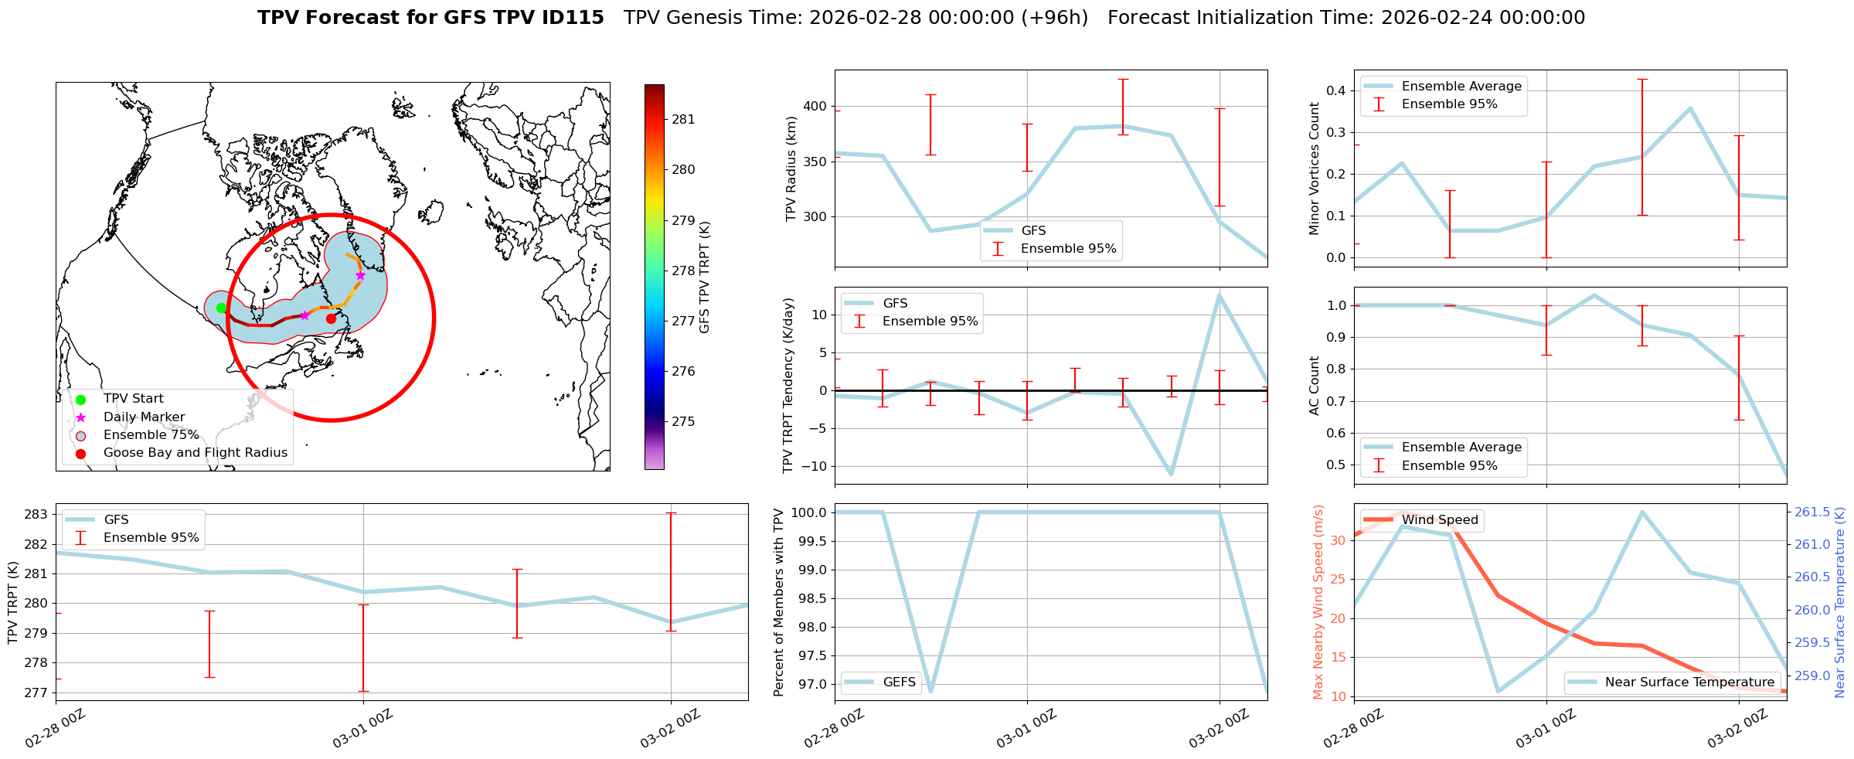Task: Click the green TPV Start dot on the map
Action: tap(221, 308)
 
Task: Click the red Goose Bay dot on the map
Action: tap(331, 318)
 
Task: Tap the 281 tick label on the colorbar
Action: tap(683, 119)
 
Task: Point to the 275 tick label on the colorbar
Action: tap(683, 421)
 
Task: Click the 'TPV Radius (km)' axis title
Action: tap(791, 168)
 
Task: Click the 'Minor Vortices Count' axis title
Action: tap(1315, 168)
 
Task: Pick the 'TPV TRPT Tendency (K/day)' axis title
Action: tap(788, 385)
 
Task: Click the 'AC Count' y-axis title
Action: tap(1315, 385)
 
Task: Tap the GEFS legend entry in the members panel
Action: tap(899, 682)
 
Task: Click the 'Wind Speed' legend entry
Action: tap(1440, 519)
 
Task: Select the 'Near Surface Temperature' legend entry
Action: tap(1689, 682)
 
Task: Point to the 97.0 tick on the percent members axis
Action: tap(811, 684)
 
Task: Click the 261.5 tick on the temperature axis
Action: tap(1812, 512)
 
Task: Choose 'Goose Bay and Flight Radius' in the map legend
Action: tap(195, 453)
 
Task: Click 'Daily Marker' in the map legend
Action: tap(144, 417)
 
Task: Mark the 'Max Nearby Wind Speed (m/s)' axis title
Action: tap(1318, 601)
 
